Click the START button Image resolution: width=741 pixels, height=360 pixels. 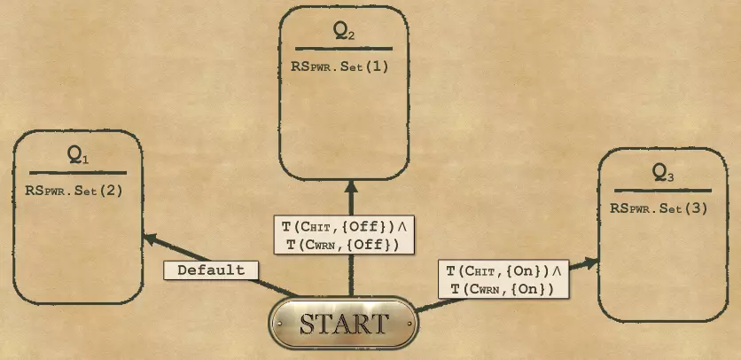pyautogui.click(x=344, y=324)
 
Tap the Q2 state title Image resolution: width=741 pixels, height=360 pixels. pyautogui.click(x=344, y=32)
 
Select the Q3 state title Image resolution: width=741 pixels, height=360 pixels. pyautogui.click(x=663, y=172)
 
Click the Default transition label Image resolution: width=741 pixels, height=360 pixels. pyautogui.click(x=211, y=270)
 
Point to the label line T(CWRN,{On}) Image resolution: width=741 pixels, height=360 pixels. pyautogui.click(x=502, y=289)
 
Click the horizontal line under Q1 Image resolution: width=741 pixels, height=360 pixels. pyautogui.click(x=78, y=172)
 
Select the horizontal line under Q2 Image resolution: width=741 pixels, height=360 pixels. pyautogui.click(x=344, y=49)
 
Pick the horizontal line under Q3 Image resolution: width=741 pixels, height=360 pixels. pyautogui.click(x=663, y=190)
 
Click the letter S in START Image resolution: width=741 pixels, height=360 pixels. pyautogui.click(x=307, y=324)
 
